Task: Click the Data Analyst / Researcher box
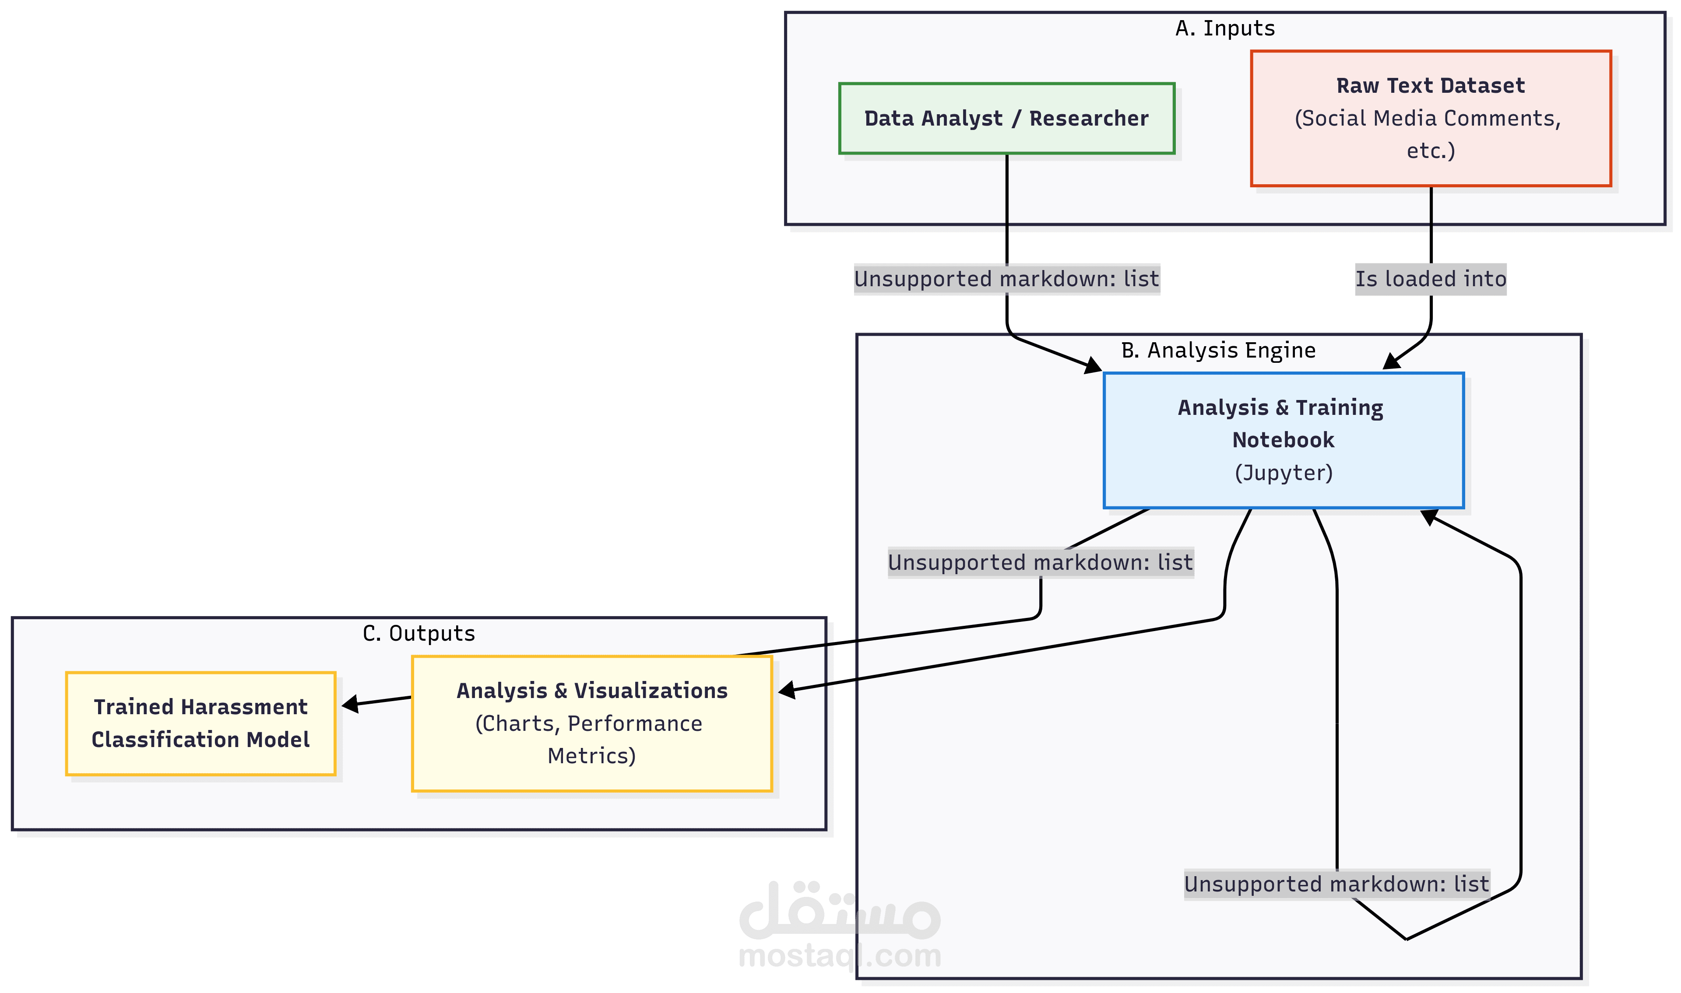(1006, 119)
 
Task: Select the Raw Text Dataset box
(1431, 119)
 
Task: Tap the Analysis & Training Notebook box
(1284, 440)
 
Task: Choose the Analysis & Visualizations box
(591, 723)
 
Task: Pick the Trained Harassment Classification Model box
(201, 723)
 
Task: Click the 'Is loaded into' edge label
(1431, 278)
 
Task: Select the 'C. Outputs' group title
(419, 633)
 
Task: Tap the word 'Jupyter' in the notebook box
(1284, 473)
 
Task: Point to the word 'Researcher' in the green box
(1089, 119)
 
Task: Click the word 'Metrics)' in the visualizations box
(591, 756)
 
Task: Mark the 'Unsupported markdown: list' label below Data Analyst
(1006, 278)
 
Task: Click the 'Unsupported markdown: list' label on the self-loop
(1336, 884)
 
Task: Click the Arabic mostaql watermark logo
(840, 909)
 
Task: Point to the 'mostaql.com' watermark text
(840, 955)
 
